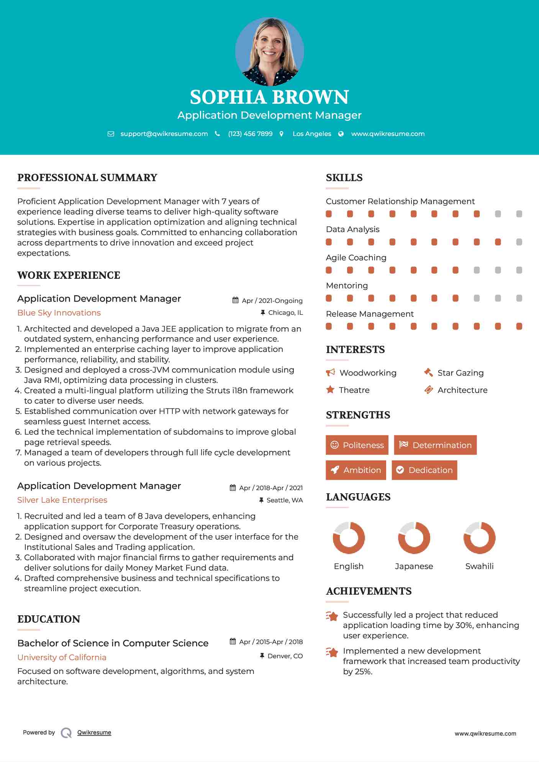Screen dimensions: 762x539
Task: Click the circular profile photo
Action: [269, 51]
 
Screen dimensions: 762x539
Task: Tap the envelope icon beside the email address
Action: [111, 134]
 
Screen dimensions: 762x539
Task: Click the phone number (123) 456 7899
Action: [250, 134]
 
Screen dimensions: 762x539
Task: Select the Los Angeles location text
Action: [312, 134]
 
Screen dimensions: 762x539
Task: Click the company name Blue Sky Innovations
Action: [59, 313]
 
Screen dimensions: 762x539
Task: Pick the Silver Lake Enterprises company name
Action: [62, 500]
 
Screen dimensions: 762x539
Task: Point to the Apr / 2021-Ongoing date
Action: [272, 301]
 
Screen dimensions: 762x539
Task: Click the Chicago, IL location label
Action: [285, 313]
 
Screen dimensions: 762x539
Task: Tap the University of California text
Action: [62, 657]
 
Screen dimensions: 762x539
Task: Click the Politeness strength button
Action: [357, 445]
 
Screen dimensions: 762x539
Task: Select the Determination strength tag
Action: [435, 445]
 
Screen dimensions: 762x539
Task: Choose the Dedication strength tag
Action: [424, 470]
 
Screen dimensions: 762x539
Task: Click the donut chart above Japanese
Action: [414, 538]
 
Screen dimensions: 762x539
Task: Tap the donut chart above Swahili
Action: [479, 538]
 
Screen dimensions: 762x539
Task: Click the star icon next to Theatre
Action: [330, 390]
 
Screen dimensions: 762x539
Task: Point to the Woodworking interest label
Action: [368, 373]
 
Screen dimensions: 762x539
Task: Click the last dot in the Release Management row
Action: [519, 326]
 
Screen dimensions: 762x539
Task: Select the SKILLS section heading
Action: [344, 178]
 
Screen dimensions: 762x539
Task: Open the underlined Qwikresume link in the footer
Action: [94, 733]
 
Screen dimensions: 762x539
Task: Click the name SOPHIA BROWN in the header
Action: [269, 97]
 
